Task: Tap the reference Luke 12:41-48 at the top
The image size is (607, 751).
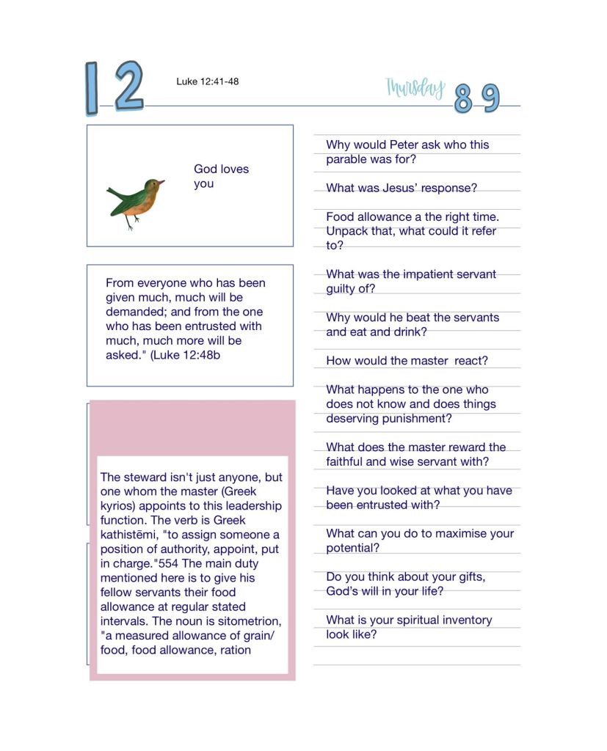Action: tap(207, 81)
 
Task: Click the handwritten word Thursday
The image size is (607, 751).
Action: tap(415, 88)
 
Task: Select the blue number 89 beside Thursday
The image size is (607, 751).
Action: tap(476, 98)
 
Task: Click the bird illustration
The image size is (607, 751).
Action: tap(135, 202)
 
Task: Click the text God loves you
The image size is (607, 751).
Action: tap(221, 176)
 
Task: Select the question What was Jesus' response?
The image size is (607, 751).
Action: tap(401, 188)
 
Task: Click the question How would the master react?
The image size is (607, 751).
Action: tap(407, 361)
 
